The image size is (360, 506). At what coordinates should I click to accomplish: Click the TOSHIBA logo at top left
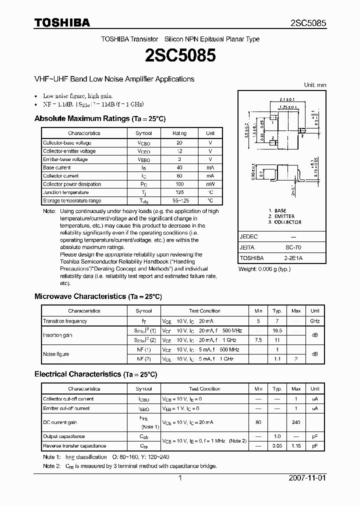click(62, 22)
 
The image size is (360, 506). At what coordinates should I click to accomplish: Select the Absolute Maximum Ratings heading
click(99, 118)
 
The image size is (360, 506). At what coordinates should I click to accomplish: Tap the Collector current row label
click(61, 176)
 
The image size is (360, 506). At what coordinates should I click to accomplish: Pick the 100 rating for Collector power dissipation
click(179, 184)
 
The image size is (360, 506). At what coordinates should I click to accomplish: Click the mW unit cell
click(210, 184)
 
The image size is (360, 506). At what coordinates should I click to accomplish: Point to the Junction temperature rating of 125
click(179, 192)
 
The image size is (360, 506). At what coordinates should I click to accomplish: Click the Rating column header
click(179, 133)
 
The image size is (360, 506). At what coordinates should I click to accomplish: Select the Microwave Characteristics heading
click(98, 296)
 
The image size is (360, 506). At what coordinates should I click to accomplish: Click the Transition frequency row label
click(65, 321)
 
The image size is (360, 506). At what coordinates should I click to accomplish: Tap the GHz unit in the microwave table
click(315, 321)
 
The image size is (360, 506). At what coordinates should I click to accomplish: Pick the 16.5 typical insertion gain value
click(277, 331)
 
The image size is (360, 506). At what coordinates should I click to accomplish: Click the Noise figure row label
click(56, 354)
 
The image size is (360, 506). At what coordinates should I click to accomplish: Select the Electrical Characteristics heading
click(95, 374)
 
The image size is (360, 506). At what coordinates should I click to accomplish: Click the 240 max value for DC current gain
click(296, 422)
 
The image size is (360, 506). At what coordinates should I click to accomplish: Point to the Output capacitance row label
click(64, 436)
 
